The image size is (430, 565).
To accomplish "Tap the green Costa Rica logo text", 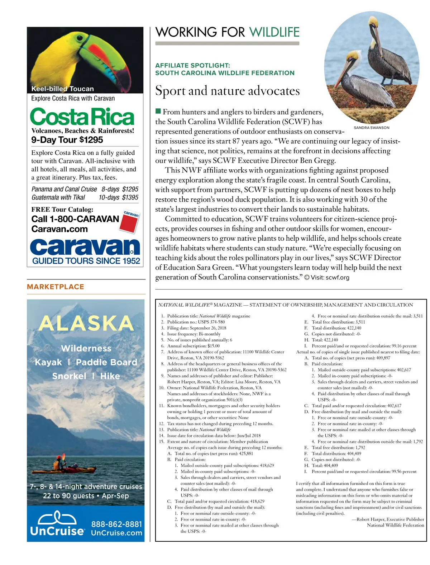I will click(82, 117).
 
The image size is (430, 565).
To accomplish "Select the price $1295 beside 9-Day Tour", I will click(91, 140).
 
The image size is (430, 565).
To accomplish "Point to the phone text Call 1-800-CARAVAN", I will click(75, 219).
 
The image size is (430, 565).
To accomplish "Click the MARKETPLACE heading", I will click(56, 287).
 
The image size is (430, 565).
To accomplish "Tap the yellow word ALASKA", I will click(86, 323).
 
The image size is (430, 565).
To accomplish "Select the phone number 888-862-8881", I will click(116, 524).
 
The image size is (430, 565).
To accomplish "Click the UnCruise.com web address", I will click(116, 533).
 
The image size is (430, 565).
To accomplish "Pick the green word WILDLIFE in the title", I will click(274, 32).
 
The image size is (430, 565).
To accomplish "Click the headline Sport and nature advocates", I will click(227, 91).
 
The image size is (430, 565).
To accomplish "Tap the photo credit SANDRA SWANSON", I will click(371, 128).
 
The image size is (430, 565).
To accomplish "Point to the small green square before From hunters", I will click(158, 112).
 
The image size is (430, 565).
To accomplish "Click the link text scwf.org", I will click(337, 277).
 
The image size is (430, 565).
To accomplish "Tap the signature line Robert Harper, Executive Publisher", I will click(390, 519).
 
